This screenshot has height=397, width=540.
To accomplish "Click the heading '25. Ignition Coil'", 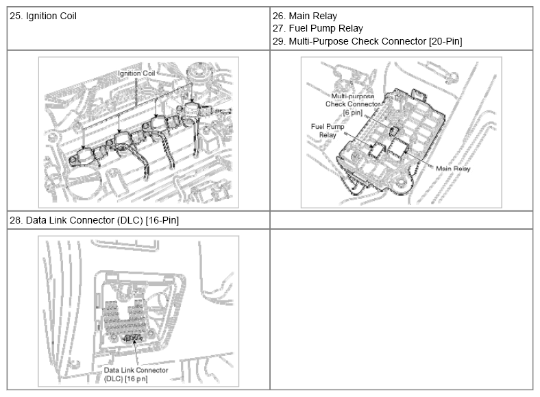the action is click(x=43, y=16).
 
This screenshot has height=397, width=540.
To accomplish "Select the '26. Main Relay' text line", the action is click(x=305, y=16).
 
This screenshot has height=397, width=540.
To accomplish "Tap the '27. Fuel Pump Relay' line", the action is click(x=318, y=28).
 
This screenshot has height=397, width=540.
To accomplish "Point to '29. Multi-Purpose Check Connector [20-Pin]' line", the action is click(x=367, y=41).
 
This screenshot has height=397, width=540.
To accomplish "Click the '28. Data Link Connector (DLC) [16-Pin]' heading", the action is click(x=94, y=220).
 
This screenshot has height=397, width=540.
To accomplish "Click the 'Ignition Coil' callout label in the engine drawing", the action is click(x=136, y=73).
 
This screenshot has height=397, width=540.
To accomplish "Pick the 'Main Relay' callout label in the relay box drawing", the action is click(x=453, y=169).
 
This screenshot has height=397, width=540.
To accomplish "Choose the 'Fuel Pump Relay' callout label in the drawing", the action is click(x=328, y=131).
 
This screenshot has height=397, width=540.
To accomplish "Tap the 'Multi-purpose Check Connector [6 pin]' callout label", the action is click(x=353, y=104).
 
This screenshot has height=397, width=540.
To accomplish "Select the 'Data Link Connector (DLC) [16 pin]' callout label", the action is click(x=136, y=374).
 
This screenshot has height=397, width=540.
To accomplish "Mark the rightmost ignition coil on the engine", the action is click(x=190, y=110).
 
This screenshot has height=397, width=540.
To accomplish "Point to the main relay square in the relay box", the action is click(x=397, y=148).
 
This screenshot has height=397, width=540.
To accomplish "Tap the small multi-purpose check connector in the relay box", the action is click(x=393, y=131).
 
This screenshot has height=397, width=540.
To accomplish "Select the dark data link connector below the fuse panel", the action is click(x=133, y=338).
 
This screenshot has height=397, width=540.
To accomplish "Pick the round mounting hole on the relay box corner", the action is click(x=402, y=181).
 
